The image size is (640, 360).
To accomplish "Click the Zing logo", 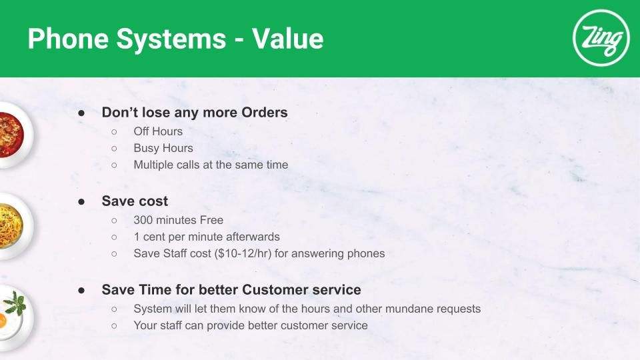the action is tap(601, 38).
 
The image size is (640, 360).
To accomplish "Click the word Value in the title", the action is tap(288, 39).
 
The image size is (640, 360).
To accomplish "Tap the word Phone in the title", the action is tap(68, 39).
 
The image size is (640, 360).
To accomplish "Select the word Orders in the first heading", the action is tap(265, 112).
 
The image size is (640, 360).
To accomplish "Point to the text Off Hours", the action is tap(158, 131).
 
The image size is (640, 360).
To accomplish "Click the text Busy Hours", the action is tap(163, 148).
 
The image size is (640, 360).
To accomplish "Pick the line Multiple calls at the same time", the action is tap(211, 165).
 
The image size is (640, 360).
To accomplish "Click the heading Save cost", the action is tap(135, 201).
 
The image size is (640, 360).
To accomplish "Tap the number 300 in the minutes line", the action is tap(143, 220).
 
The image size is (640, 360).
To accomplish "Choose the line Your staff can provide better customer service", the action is tap(251, 325).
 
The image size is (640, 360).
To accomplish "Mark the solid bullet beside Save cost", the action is tap(81, 201).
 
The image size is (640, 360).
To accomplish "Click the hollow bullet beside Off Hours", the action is tap(114, 132).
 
